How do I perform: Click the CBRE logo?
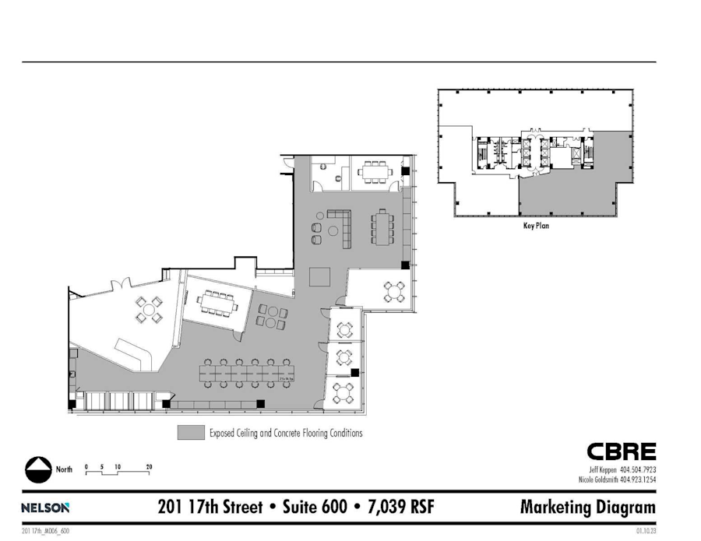pyautogui.click(x=621, y=451)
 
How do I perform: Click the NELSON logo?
pyautogui.click(x=46, y=508)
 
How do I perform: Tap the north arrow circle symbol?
pyautogui.click(x=37, y=469)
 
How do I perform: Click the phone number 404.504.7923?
pyautogui.click(x=639, y=469)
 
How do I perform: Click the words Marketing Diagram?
pyautogui.click(x=587, y=508)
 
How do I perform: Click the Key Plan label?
pyautogui.click(x=537, y=229)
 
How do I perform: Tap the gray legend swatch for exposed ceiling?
pyautogui.click(x=190, y=433)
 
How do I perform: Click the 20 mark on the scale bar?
pyautogui.click(x=148, y=466)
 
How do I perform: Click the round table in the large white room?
pyautogui.click(x=148, y=309)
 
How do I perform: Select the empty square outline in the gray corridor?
pyautogui.click(x=319, y=276)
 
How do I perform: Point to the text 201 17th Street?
pyautogui.click(x=207, y=508)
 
